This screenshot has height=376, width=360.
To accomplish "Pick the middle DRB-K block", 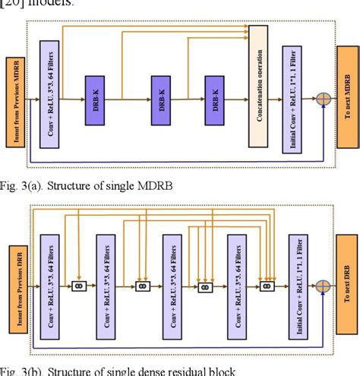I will click(162, 100).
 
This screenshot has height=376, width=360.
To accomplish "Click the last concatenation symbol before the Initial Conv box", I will click(266, 287).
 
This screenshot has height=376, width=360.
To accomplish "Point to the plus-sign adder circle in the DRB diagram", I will click(324, 287).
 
